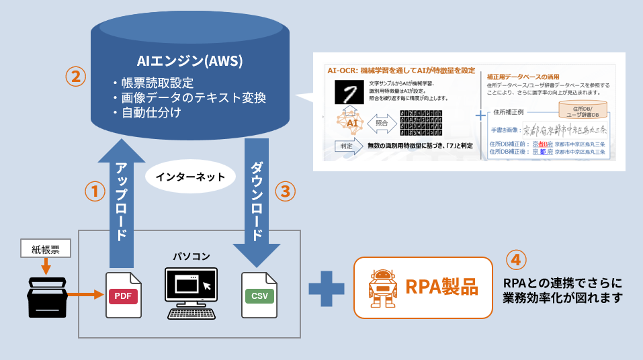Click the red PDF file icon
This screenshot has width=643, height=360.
(124, 295)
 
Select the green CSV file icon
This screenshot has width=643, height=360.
(259, 295)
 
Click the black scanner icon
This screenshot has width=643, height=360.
(47, 297)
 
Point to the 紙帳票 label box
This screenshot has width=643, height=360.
(46, 249)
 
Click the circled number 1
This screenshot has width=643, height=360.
(95, 191)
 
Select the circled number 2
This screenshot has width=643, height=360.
(75, 76)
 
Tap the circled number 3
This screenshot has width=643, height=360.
(286, 191)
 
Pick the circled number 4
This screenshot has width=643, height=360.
(515, 259)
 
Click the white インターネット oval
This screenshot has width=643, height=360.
(190, 177)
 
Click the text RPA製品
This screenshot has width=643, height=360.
(441, 287)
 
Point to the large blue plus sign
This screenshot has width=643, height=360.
(326, 287)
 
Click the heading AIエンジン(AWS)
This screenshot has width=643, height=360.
(189, 61)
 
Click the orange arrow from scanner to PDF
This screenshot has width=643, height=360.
(85, 294)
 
